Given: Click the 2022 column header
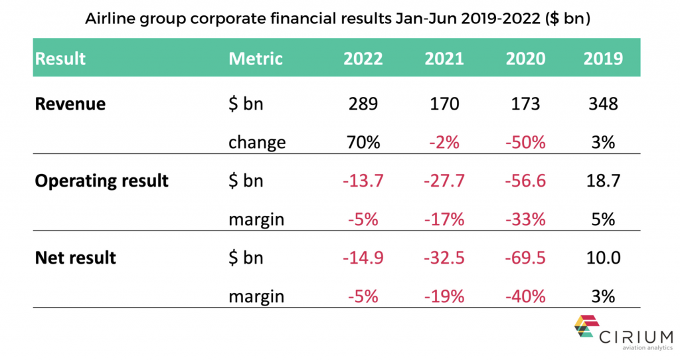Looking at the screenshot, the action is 363,58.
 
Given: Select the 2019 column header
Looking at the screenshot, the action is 603,58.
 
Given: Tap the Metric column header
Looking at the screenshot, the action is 256,58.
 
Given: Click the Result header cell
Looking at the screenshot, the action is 60,58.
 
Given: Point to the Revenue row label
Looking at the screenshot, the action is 70,104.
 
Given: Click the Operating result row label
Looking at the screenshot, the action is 102,181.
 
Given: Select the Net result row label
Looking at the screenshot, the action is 76,258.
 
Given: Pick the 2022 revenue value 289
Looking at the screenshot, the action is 363,104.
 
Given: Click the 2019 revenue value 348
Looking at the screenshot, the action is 603,104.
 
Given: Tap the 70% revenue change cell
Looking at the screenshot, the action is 363,142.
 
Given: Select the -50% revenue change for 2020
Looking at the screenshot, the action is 525,142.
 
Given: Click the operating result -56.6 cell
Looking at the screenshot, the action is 525,181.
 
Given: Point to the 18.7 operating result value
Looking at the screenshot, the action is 603,181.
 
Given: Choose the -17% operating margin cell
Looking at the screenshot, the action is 444,219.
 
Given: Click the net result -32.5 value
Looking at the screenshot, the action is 444,258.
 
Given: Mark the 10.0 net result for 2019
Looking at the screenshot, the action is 603,258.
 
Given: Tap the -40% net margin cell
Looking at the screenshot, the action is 525,296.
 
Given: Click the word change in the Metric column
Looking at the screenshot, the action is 257,143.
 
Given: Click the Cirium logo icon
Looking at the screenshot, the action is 587,326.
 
